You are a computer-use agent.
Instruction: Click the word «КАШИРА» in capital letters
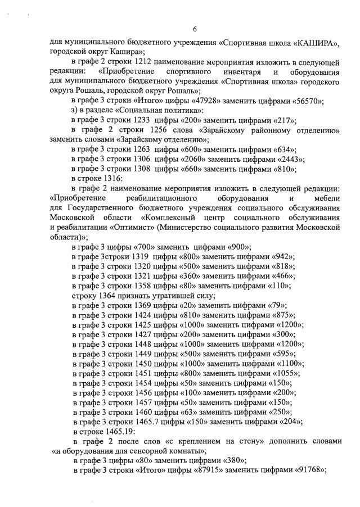click(x=318, y=42)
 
